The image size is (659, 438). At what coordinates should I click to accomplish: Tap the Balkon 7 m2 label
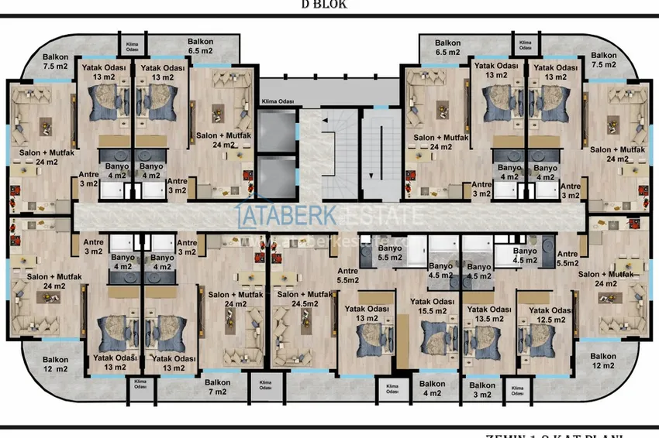point(217,386)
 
